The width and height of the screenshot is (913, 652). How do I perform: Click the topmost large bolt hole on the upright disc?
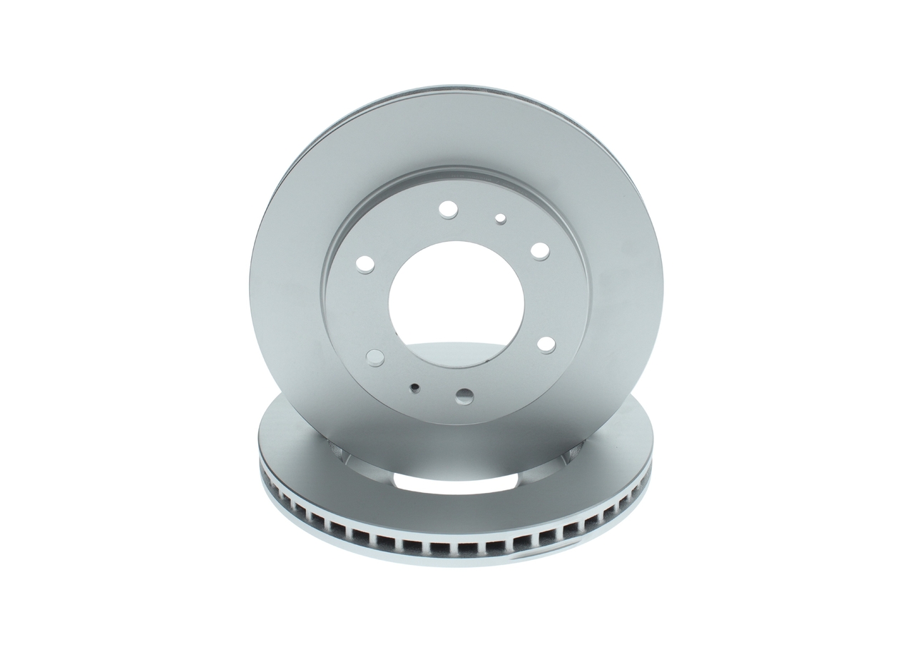pos(447,209)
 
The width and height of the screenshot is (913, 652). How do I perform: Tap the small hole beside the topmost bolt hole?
pos(500,218)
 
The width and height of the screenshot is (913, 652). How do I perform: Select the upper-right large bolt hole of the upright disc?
pos(540,251)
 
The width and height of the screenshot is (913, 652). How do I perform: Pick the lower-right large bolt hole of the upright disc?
pos(546,345)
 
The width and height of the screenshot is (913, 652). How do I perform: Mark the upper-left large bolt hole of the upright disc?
pos(365,265)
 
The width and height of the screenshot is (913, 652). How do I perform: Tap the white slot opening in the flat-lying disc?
pos(456,482)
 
